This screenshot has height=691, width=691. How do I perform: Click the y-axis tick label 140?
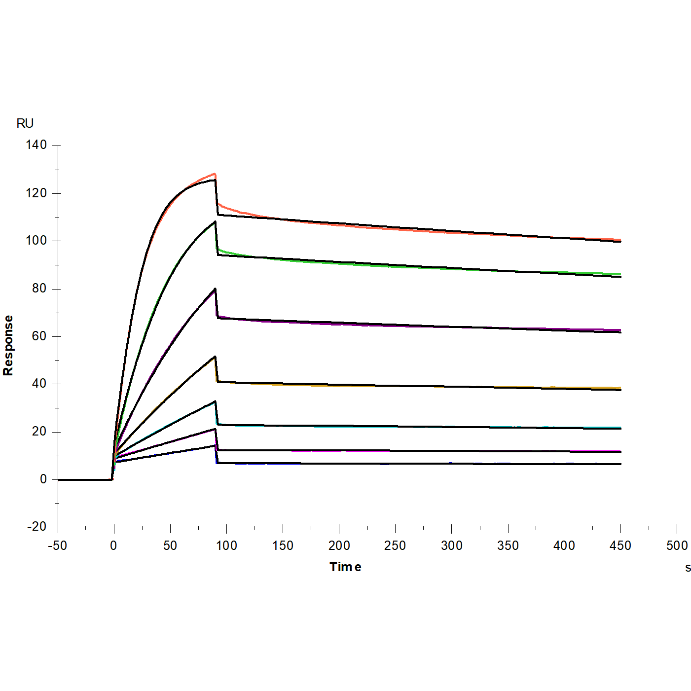tap(36, 145)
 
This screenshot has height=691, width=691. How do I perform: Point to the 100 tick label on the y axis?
tap(36, 241)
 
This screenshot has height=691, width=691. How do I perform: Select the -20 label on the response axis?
tap(36, 527)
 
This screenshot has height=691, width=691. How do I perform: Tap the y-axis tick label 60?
tap(39, 336)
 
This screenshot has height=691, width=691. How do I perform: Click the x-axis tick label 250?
tap(395, 546)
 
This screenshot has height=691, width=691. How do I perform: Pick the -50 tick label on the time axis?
tap(57, 546)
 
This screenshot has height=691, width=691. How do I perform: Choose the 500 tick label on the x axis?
tap(677, 546)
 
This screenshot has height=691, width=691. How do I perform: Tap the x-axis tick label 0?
tap(114, 546)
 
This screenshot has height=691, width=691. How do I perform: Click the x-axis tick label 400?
tap(564, 546)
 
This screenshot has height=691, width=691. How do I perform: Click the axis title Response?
tap(8, 345)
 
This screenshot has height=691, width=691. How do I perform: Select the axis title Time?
tap(345, 567)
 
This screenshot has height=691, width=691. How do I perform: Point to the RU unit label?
tap(25, 123)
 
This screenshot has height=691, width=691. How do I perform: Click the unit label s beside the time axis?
tap(688, 568)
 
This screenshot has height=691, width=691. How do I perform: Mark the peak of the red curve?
tap(215, 174)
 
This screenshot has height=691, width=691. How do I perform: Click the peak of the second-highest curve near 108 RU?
tap(215, 222)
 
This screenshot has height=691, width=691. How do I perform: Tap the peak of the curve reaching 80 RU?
tap(215, 289)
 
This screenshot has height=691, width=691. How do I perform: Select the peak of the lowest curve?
tap(215, 445)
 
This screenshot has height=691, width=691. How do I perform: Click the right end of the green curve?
tap(620, 274)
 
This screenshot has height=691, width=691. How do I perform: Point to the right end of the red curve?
tap(620, 240)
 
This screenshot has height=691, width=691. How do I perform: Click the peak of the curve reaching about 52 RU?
tap(215, 357)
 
